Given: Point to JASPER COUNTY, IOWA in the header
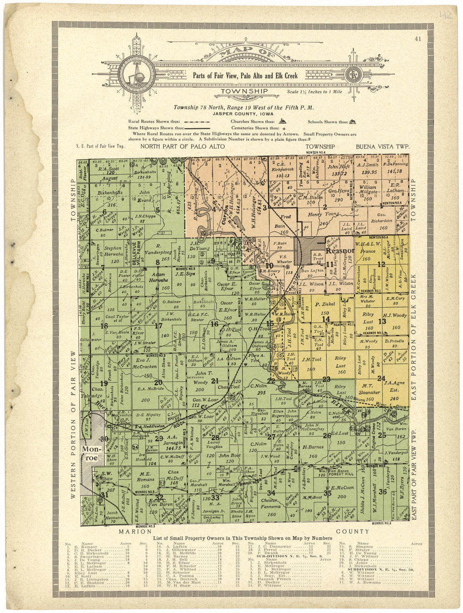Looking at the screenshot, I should tap(243, 114).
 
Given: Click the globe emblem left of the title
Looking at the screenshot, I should tap(137, 75).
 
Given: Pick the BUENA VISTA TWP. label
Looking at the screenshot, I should tap(382, 147).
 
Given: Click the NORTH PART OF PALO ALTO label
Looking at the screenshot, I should tap(182, 147).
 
